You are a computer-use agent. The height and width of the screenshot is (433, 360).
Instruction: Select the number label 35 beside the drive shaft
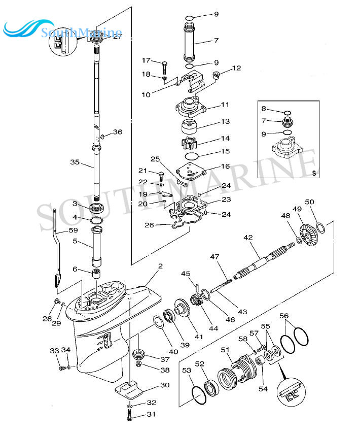[x=75, y=162]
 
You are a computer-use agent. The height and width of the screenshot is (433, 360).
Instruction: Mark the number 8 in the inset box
[x=264, y=108]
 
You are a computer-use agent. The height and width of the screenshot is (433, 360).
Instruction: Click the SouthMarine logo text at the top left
[x=81, y=33]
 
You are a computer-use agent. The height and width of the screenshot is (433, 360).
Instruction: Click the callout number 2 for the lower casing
[x=160, y=266]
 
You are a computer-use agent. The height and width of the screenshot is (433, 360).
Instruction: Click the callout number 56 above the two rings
[x=284, y=316]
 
